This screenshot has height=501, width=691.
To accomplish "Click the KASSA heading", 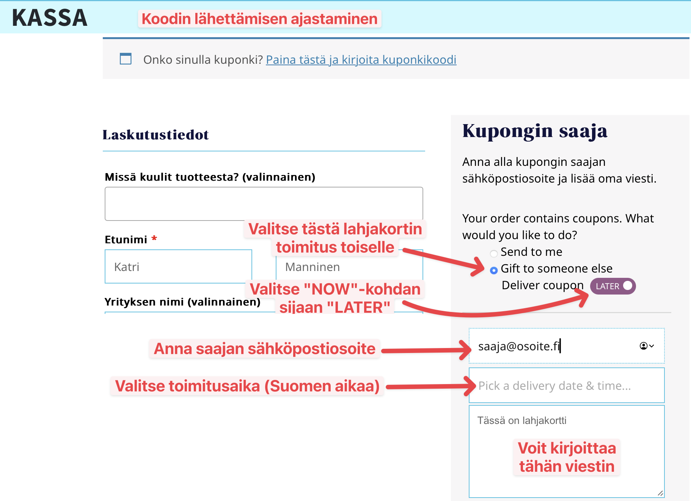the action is click(x=50, y=18).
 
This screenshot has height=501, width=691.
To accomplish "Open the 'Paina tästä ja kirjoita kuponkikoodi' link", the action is click(x=361, y=60).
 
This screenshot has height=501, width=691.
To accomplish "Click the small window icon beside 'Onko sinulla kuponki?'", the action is click(x=126, y=59).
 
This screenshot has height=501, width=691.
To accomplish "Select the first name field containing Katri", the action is click(x=178, y=266).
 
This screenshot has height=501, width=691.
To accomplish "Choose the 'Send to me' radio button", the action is click(x=494, y=254).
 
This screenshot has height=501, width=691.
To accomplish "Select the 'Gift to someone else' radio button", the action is click(x=494, y=270).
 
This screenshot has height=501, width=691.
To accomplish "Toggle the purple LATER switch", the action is click(x=612, y=286).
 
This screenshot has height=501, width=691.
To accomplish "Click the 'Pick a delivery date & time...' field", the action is click(x=566, y=386).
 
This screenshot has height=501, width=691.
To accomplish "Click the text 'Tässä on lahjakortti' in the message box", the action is click(x=521, y=421).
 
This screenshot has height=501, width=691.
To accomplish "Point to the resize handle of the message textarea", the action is click(x=660, y=493).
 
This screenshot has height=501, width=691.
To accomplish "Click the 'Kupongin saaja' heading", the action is click(x=535, y=131).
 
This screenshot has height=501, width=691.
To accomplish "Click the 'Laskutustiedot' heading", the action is click(x=155, y=135).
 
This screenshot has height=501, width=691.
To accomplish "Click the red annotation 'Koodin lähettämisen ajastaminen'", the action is click(x=259, y=19).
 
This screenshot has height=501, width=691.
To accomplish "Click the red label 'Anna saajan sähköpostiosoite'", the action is click(x=264, y=348).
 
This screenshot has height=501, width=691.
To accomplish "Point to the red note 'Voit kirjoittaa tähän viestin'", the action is click(x=567, y=457).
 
